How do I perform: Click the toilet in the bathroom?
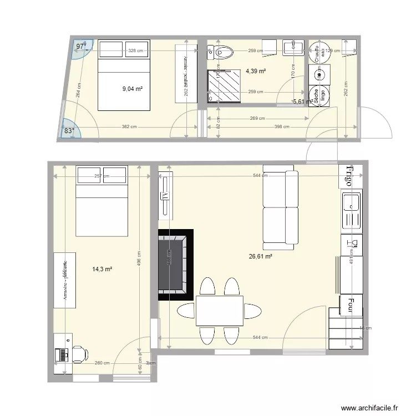coord(223,53)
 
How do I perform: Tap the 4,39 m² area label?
coord(255,71)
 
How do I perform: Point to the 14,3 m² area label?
coord(102,269)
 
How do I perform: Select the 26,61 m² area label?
coord(261,256)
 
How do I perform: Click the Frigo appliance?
coord(350,176)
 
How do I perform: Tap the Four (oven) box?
coord(351,304)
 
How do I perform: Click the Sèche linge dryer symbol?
coord(319,98)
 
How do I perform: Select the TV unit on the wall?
coord(165,194)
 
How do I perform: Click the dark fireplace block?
coord(175,265)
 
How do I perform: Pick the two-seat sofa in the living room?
coord(280,207)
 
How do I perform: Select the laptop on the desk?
coord(62,353)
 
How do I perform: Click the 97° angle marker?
coord(82,47)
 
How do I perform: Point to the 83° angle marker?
coord(69,131)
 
